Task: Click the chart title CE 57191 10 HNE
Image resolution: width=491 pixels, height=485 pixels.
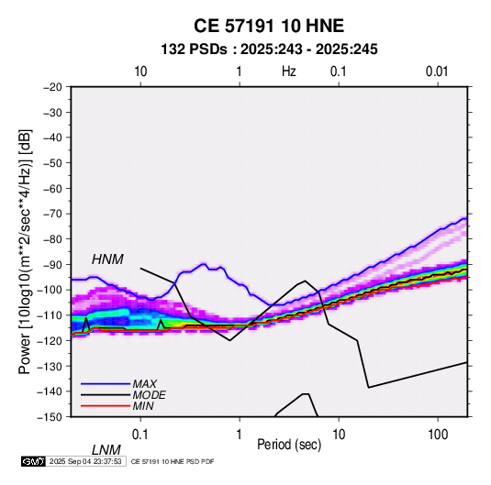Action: (x=269, y=26)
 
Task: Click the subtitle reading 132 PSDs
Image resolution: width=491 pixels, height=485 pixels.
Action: (x=194, y=50)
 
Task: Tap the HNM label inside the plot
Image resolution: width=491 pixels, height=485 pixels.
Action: (x=107, y=259)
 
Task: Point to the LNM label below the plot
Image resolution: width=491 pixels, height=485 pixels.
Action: (x=106, y=450)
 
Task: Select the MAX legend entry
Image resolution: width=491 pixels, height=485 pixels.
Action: (x=144, y=383)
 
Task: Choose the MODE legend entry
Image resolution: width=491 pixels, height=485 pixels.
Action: (x=149, y=395)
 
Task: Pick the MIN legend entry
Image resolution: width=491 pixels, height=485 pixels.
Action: (x=143, y=406)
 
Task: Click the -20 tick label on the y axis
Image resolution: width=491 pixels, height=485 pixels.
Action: (x=52, y=87)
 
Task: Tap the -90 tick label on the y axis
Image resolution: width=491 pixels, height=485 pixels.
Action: (x=52, y=265)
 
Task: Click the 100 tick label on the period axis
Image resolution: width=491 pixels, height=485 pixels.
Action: (x=438, y=435)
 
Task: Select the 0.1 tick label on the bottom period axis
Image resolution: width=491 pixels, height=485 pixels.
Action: (x=140, y=435)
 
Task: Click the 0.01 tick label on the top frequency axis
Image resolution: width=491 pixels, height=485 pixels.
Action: (x=437, y=72)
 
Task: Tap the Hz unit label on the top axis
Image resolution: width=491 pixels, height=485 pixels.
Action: (x=289, y=72)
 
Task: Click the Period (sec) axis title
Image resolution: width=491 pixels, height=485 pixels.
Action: (x=289, y=445)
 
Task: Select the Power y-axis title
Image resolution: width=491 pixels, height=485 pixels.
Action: (x=25, y=251)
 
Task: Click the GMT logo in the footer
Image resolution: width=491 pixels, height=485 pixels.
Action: (x=33, y=461)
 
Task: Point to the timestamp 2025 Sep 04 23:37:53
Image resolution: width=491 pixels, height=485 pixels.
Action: (x=85, y=461)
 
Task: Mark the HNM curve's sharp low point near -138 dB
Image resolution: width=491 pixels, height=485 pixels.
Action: (x=369, y=388)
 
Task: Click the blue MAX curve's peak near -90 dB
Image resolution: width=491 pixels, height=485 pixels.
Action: (x=204, y=264)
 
